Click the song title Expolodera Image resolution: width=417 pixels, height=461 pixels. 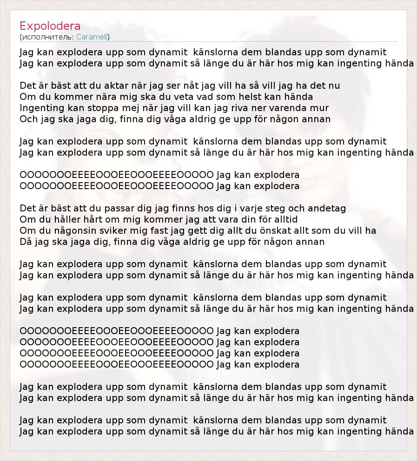click(50, 26)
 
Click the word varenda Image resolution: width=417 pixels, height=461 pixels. click(287, 108)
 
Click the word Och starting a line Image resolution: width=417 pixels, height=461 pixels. click(28, 119)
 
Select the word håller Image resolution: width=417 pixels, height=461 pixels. click(65, 219)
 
